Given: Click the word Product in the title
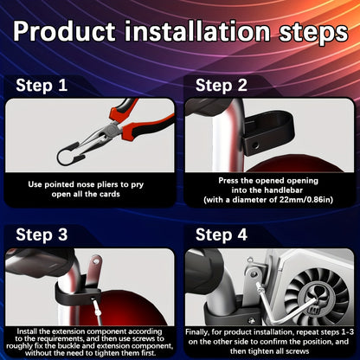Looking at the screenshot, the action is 65,31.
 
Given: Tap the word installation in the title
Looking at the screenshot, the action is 197,30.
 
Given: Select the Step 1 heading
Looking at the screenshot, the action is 42,86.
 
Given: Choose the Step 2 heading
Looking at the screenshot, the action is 222,86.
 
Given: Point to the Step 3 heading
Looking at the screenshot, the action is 42,235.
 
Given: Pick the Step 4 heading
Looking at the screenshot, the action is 222,235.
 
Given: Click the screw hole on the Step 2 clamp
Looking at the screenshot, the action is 255,145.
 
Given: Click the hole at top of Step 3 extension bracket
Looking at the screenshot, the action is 96,261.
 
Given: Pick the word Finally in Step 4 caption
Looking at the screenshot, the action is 196,332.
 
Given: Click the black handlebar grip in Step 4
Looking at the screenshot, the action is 203,273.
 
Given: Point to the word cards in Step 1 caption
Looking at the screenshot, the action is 110,194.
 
